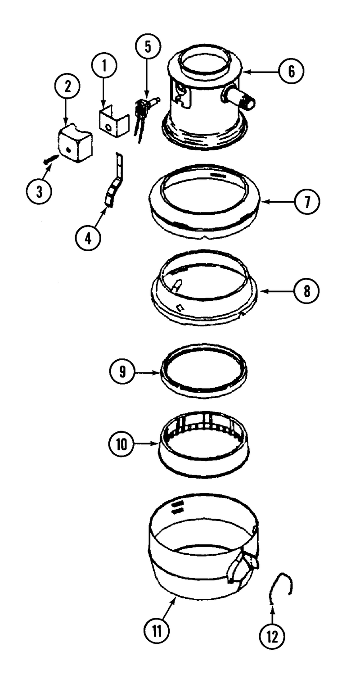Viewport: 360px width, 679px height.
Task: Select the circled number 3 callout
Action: tap(39, 191)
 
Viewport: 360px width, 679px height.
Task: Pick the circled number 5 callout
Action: tap(148, 47)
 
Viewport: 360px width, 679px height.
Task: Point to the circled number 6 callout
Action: tap(291, 72)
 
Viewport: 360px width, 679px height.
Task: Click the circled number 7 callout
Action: tap(307, 202)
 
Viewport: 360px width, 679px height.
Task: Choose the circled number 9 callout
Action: tap(122, 371)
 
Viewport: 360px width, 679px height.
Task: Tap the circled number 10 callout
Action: tap(121, 445)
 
